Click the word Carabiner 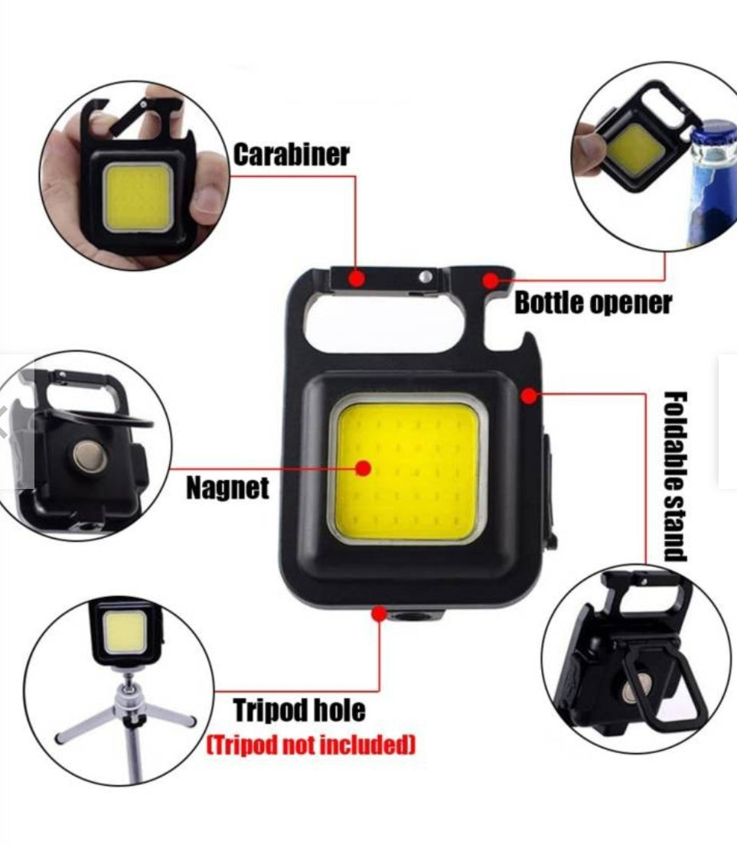pos(291,154)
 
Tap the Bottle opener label pos(592,303)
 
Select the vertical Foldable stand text pos(675,476)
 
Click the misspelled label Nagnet pos(227,487)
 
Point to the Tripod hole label pos(299,710)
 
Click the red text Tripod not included pos(311,744)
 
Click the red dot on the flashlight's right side pos(529,395)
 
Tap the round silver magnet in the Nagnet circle pos(86,457)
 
